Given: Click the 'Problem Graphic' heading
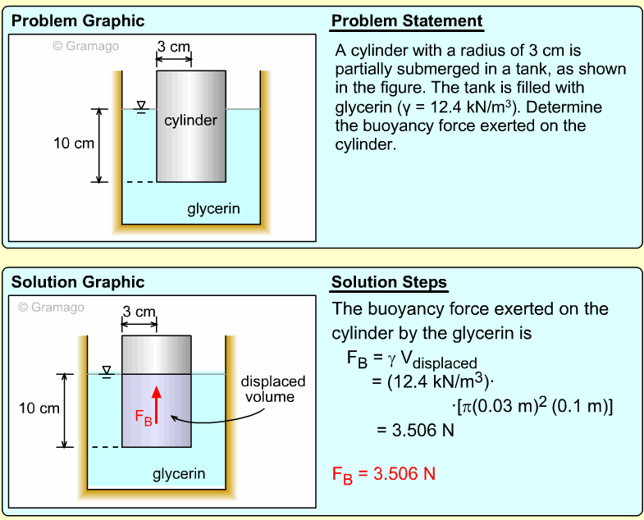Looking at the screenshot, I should [x=77, y=21].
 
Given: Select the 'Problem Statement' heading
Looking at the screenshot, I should [x=407, y=21].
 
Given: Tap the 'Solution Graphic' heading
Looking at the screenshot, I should [x=77, y=282].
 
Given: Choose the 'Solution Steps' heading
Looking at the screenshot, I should [x=389, y=283].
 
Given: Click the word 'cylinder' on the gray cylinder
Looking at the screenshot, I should [x=190, y=121].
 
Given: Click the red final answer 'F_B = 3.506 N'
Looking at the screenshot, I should [x=383, y=475].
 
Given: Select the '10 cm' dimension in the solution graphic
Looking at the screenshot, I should [x=39, y=408].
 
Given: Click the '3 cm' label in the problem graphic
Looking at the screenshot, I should [x=174, y=47].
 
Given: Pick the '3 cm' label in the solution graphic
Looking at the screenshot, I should [x=139, y=312].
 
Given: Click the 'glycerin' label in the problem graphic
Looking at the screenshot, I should [x=213, y=208].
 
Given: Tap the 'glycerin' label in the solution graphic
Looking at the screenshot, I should [x=179, y=474].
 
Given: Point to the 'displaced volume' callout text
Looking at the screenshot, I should [x=272, y=390].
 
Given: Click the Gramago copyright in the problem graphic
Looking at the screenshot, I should [x=85, y=46].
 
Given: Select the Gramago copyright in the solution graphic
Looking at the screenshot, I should [x=51, y=308].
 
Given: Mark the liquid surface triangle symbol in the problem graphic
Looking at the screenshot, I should [x=141, y=105].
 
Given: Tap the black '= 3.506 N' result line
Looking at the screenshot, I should [x=414, y=429].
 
